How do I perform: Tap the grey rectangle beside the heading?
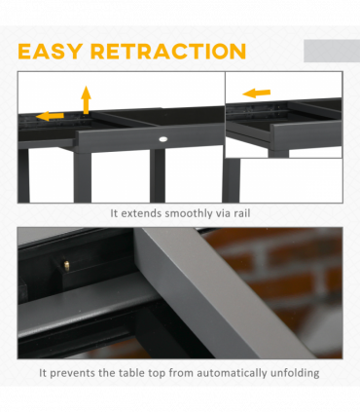pos(330,51)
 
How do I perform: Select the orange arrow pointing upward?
pos(86,98)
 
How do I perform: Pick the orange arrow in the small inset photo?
pos(256,94)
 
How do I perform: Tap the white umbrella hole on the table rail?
pos(162,141)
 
